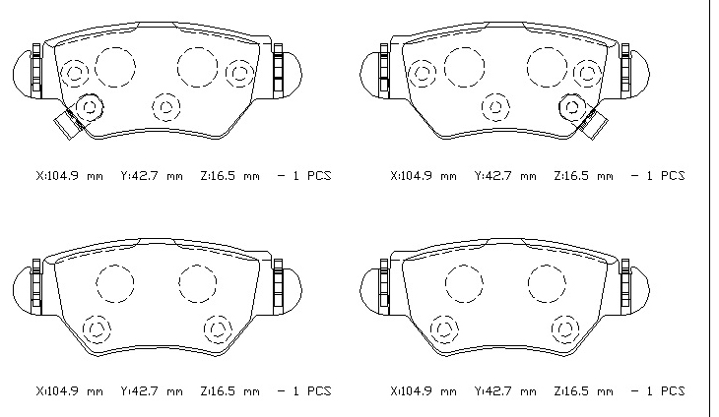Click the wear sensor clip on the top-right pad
(593, 123)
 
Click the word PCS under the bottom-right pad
(673, 391)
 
